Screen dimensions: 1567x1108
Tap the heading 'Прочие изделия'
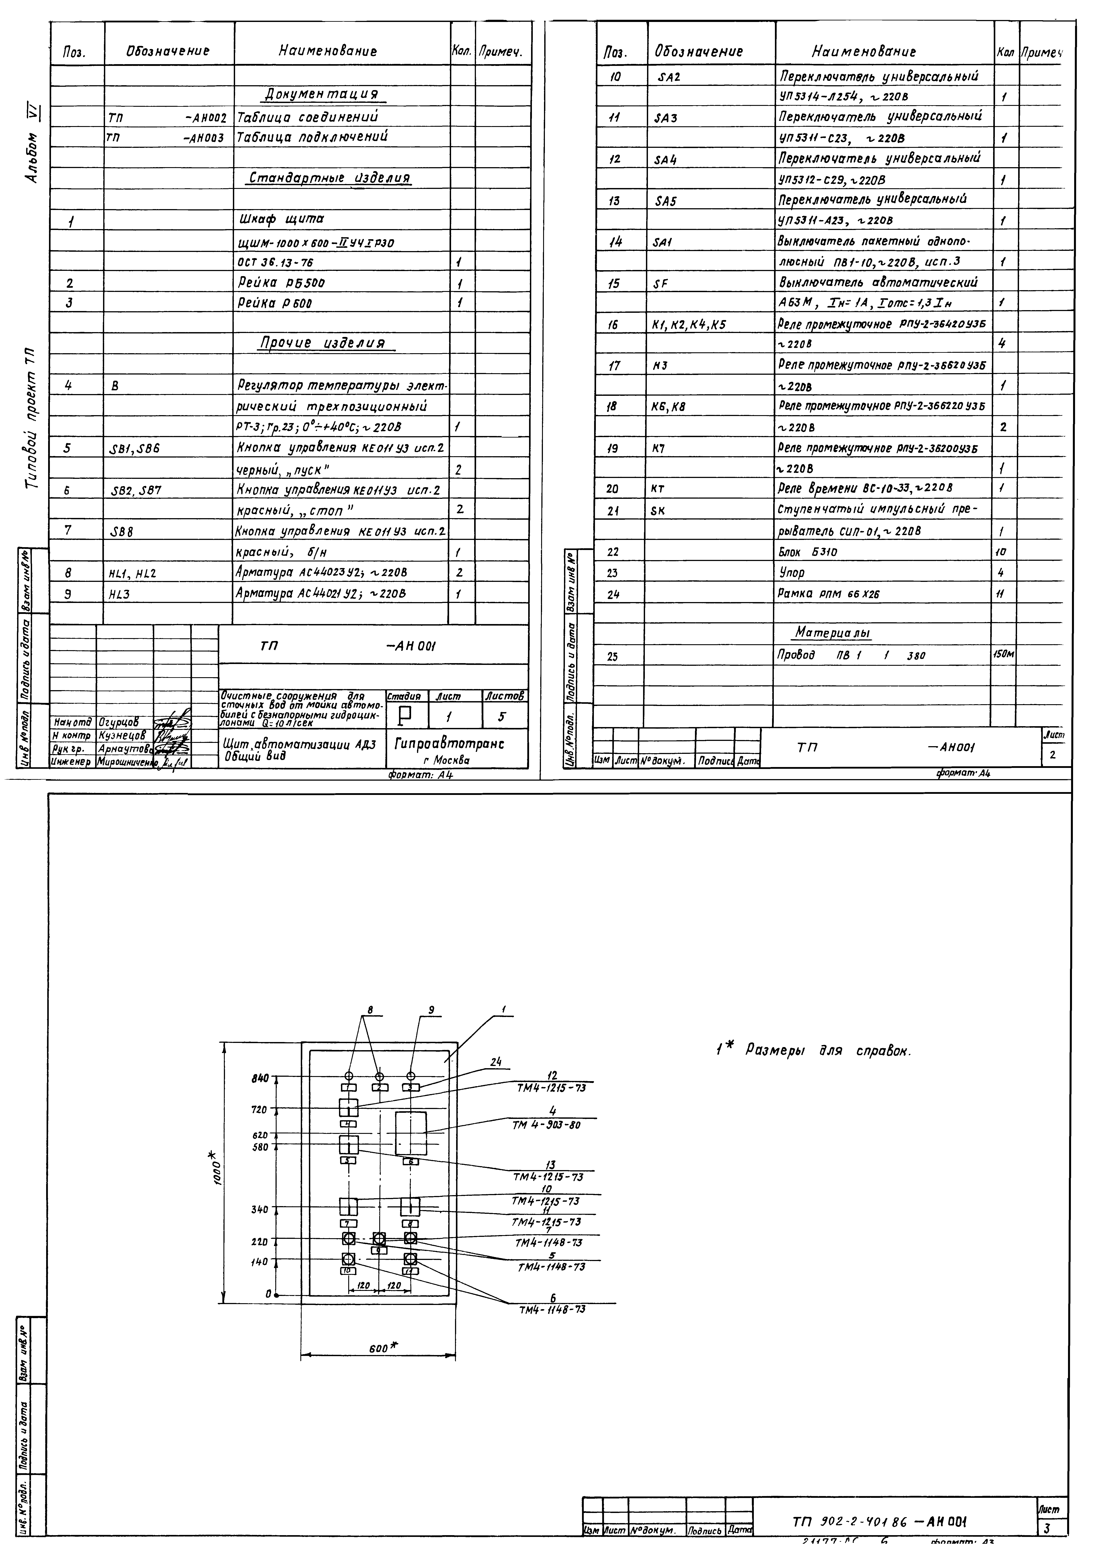click(321, 343)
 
